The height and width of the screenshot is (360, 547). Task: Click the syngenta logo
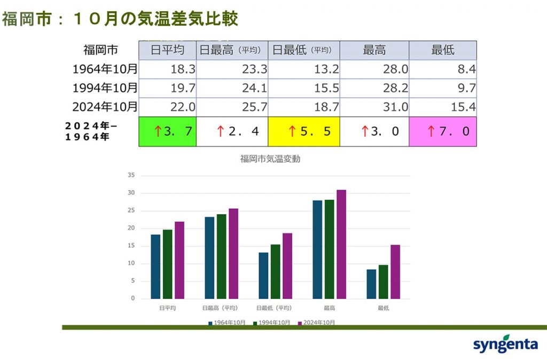(x=505, y=344)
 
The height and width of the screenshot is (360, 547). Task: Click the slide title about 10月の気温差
(x=120, y=19)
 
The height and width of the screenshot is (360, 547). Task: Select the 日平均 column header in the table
(x=167, y=50)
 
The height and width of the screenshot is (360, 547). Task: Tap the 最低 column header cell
(x=442, y=50)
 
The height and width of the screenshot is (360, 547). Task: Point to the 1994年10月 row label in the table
(x=105, y=88)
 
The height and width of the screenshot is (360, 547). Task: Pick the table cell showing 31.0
(x=374, y=107)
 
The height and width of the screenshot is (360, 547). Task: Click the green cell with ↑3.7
(x=167, y=131)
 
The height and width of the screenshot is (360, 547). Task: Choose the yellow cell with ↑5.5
(x=304, y=131)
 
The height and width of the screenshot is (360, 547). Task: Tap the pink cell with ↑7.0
(x=442, y=131)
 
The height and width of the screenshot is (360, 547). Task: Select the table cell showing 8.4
(x=442, y=69)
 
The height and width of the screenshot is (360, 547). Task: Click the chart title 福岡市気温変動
(x=267, y=159)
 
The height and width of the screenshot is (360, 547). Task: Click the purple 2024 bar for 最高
(x=341, y=244)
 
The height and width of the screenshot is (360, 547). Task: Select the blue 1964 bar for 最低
(x=371, y=284)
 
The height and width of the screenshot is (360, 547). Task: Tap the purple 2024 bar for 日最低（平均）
(x=287, y=266)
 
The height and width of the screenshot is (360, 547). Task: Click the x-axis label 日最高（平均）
(x=220, y=308)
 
